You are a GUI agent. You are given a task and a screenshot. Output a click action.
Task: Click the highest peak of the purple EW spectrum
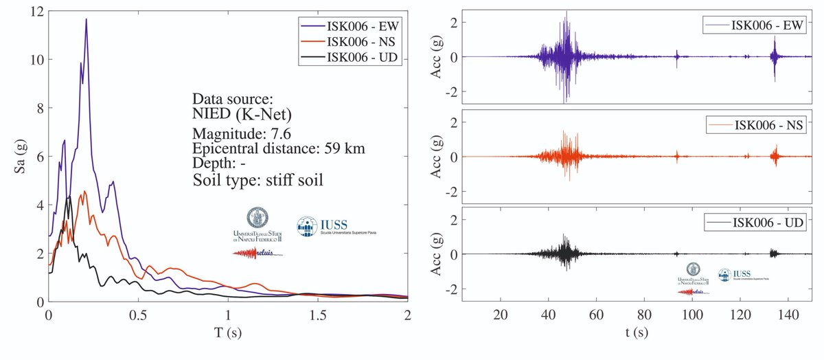coord(86,20)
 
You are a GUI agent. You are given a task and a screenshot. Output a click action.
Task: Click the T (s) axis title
coord(228,332)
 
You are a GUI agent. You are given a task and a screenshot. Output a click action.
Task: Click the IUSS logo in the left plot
coord(336,227)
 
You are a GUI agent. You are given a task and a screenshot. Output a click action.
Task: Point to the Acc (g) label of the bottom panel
coord(435,254)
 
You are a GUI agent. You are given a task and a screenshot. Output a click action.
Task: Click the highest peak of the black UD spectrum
coord(69,196)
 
